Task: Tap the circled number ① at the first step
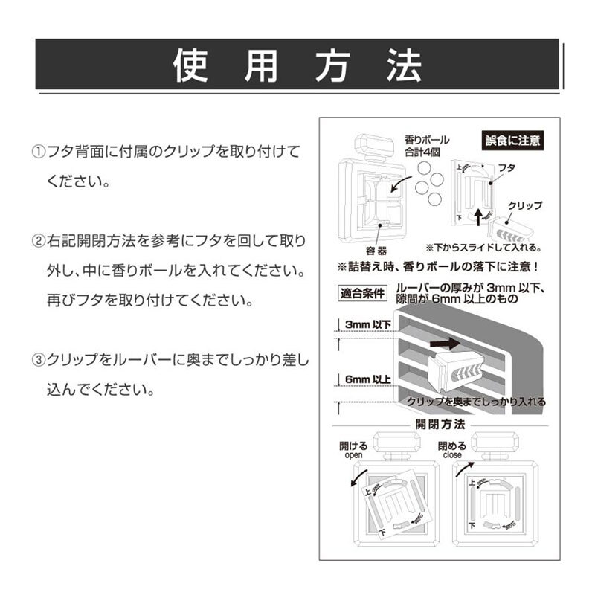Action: pyautogui.click(x=38, y=152)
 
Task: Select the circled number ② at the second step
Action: pyautogui.click(x=38, y=242)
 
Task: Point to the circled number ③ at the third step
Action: pyautogui.click(x=38, y=359)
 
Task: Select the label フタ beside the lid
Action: pyautogui.click(x=506, y=167)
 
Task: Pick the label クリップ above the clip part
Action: pyautogui.click(x=524, y=205)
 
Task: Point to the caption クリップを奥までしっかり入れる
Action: pyautogui.click(x=476, y=402)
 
